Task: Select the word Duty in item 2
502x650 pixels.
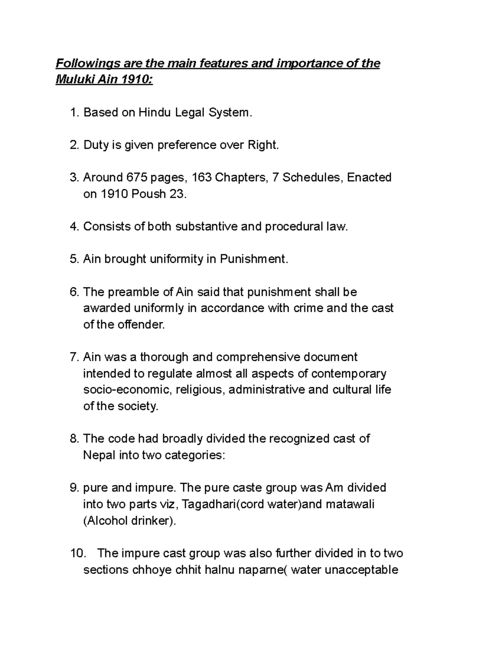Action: coord(96,145)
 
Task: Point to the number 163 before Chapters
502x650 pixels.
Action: coord(201,178)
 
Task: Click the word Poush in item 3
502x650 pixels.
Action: coord(149,194)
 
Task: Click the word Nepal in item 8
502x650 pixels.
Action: coord(99,455)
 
